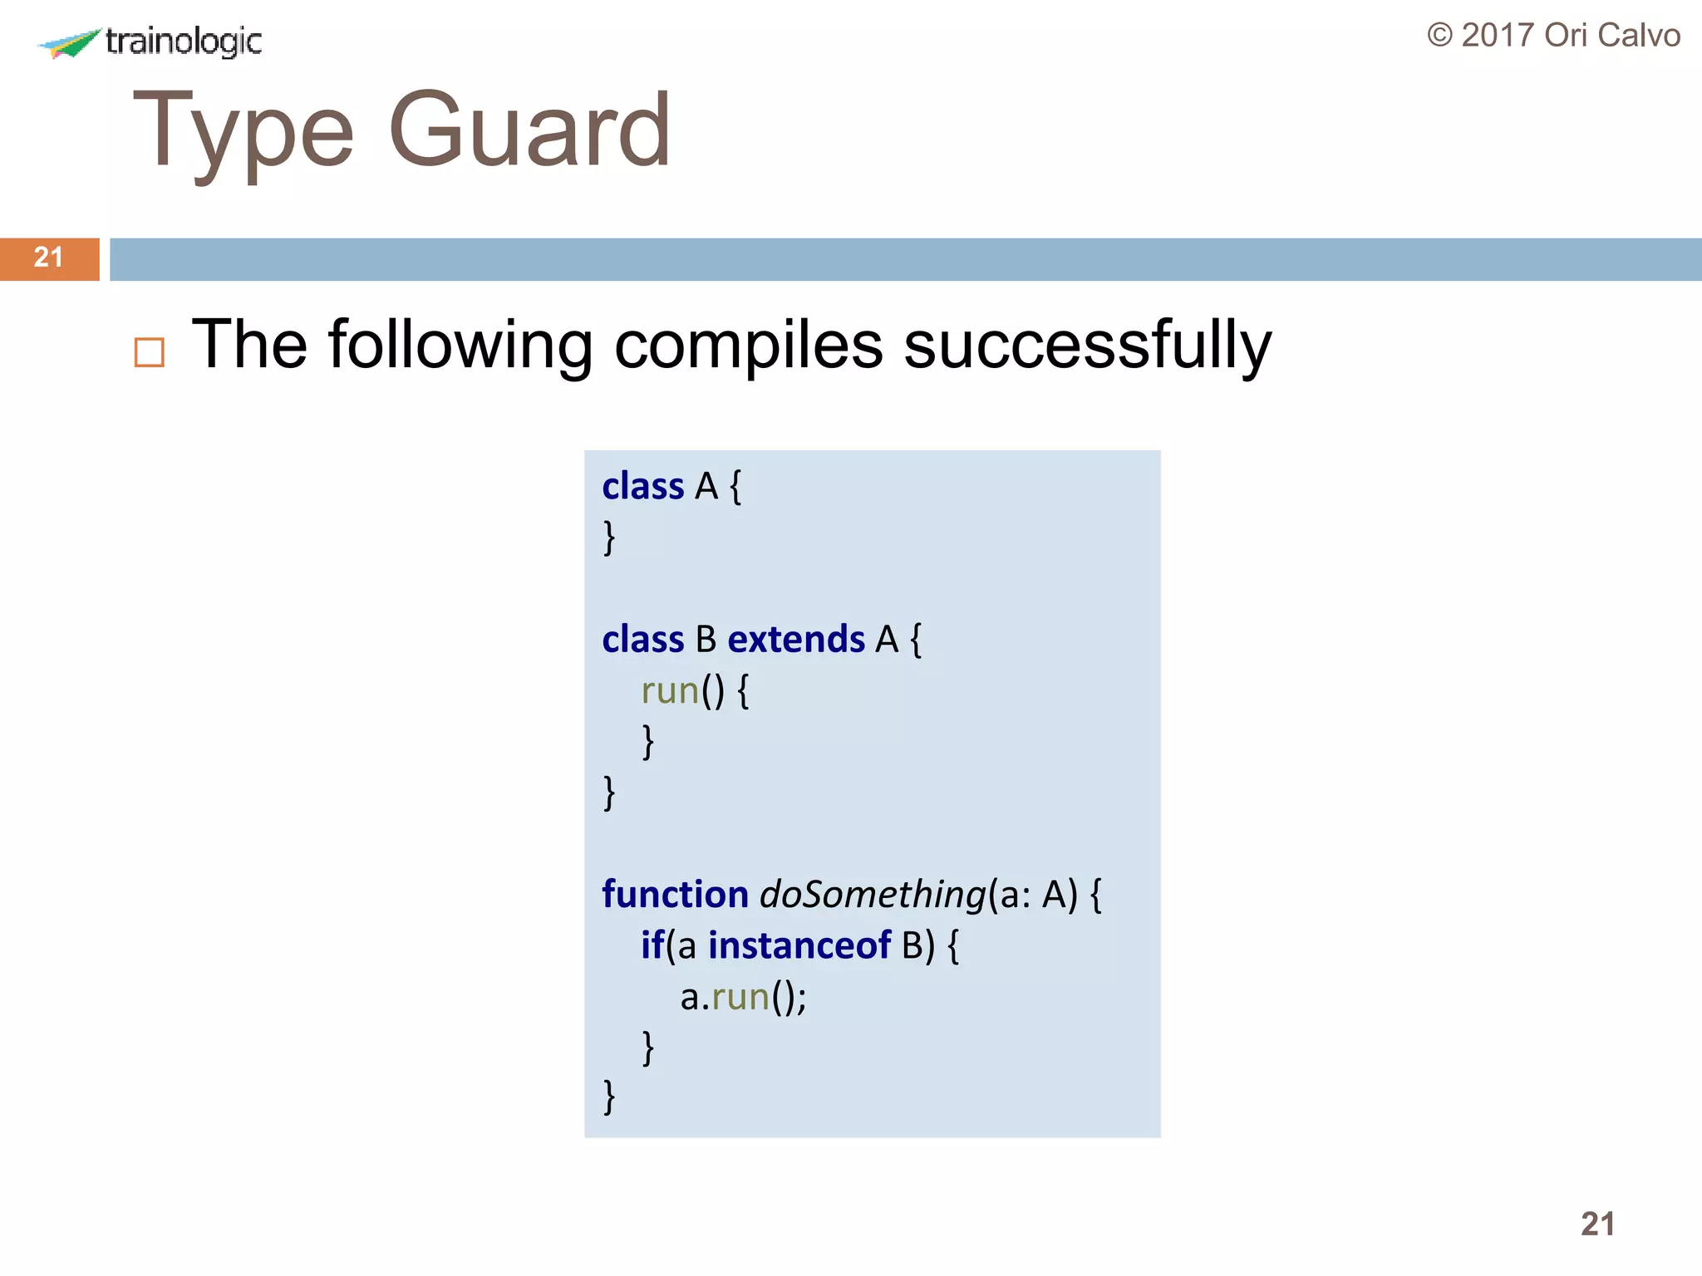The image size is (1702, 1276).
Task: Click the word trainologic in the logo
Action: click(184, 41)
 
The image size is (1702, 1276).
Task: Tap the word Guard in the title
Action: click(529, 130)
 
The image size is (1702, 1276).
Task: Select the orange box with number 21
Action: click(49, 258)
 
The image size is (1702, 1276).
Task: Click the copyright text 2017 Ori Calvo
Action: click(1553, 36)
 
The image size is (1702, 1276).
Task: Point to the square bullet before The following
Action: click(150, 352)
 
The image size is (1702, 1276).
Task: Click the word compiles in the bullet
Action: click(748, 345)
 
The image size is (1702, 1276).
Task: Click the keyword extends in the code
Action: click(795, 640)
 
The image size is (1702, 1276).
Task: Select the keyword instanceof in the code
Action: click(799, 945)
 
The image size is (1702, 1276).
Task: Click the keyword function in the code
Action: click(675, 895)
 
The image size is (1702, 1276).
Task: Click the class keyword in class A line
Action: click(642, 486)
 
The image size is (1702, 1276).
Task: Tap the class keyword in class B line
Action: click(642, 640)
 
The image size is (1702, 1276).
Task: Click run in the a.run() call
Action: click(740, 998)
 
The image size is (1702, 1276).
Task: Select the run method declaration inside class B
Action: click(670, 691)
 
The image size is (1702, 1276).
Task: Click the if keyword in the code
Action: click(652, 945)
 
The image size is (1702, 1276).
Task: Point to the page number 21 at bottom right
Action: click(1596, 1224)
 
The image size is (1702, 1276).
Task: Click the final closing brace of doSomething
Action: click(609, 1097)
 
